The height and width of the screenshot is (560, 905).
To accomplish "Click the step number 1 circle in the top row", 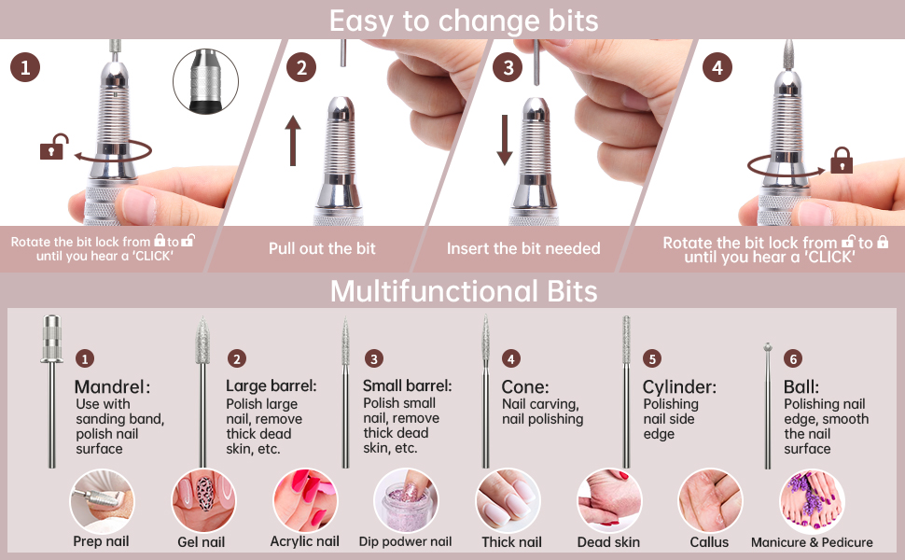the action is point(25,67).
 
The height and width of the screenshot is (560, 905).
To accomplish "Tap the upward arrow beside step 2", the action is point(293,140).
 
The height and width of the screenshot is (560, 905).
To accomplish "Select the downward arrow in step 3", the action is point(505,140).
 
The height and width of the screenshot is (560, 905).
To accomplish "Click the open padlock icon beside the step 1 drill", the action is point(54,147).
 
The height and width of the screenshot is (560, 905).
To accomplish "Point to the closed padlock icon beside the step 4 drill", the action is point(842,160).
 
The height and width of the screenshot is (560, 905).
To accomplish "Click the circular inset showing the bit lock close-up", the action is point(205,81).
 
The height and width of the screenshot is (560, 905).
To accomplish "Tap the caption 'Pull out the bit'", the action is point(322,249).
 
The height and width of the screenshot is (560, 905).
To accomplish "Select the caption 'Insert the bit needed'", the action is point(523,249).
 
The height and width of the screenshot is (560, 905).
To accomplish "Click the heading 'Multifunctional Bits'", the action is point(464,291).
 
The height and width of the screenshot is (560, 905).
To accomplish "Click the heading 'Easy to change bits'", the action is point(464,21).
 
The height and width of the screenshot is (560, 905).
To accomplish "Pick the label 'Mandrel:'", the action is point(113,386).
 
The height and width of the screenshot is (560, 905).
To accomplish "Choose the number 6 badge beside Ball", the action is point(793,358).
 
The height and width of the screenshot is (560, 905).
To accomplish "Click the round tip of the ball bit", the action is point(768,347).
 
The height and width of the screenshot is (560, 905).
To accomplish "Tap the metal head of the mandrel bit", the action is point(52,339).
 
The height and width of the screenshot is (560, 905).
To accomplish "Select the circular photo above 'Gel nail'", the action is point(203,500).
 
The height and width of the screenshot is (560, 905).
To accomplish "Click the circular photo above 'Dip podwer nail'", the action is point(406,500).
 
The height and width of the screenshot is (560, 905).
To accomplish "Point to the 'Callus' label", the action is point(709,542).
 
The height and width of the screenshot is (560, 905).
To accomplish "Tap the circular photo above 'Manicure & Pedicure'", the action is point(812,500).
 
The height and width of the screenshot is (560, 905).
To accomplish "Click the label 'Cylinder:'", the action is point(679,386).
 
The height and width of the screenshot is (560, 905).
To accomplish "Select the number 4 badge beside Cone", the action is point(510,358).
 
